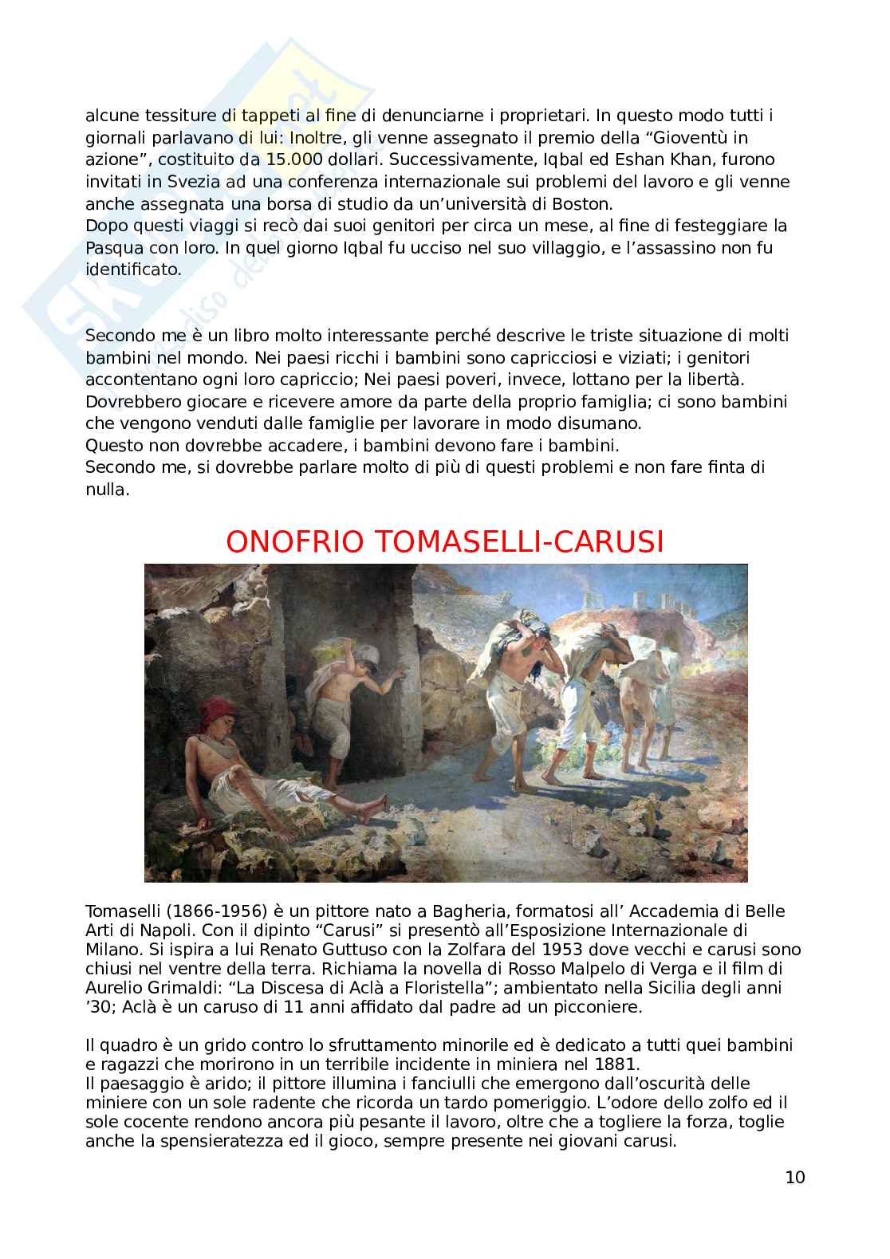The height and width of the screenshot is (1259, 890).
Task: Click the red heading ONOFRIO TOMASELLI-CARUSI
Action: [445, 541]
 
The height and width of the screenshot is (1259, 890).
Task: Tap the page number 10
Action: [795, 1177]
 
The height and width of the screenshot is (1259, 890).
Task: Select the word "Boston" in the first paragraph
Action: [610, 203]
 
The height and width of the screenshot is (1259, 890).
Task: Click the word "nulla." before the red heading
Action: [107, 490]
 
